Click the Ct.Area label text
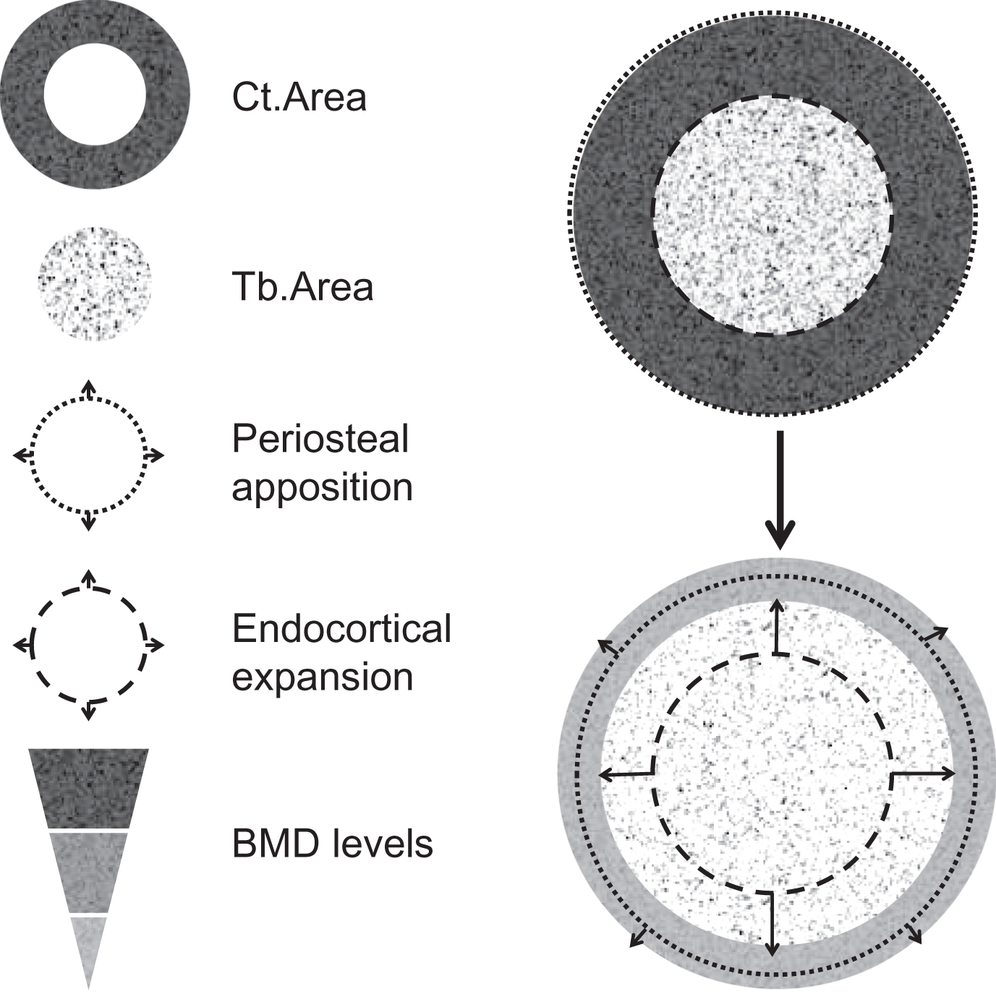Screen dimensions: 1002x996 pos(299,97)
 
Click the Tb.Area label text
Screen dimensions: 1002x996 pos(302,287)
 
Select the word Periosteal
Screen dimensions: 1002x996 pos(320,440)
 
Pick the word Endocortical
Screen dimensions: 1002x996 pos(341,629)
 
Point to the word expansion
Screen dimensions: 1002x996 pos(322,677)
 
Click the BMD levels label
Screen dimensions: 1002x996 pos(332,843)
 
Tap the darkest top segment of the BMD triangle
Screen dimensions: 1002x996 pos(88,788)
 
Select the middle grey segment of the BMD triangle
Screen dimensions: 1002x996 pos(88,871)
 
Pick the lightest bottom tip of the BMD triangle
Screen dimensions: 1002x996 pos(88,947)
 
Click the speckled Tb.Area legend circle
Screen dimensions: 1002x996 pos(94,283)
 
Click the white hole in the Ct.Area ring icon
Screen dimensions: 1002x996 pos(95,94)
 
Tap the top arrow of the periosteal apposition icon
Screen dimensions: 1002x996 pos(88,388)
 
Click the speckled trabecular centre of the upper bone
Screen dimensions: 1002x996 pos(772,215)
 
